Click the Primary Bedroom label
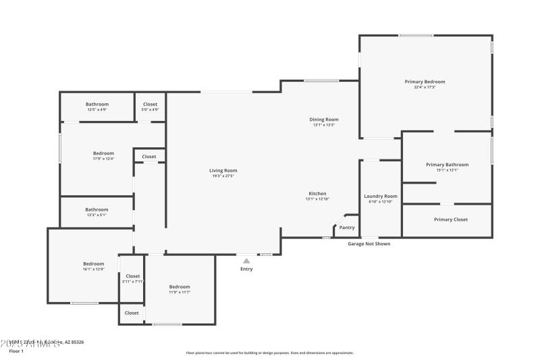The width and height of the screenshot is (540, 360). click(425, 82)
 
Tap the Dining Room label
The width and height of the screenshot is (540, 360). click(324, 119)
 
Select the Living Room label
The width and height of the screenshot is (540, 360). click(223, 171)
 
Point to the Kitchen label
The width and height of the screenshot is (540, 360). click(317, 194)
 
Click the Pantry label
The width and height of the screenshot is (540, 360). click(347, 228)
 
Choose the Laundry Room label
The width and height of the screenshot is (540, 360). click(381, 196)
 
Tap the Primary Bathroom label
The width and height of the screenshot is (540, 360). click(447, 164)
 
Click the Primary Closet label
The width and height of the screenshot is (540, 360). click(451, 220)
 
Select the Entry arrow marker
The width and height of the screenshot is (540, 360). click(246, 260)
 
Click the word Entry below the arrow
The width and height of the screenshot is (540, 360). click(246, 269)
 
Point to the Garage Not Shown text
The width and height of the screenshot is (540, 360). click(369, 244)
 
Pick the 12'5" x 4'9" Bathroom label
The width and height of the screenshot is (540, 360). click(97, 104)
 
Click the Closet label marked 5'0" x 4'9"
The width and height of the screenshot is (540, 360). click(150, 104)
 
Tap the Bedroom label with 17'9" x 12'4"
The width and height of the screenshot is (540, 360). click(103, 153)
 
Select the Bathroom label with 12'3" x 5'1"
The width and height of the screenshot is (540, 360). click(97, 209)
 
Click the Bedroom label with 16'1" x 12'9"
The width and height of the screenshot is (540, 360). click(93, 263)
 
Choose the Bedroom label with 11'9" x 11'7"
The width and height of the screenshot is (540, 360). click(180, 286)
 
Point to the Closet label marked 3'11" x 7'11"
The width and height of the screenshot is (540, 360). click(133, 276)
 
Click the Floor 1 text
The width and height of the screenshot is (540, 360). click(16, 351)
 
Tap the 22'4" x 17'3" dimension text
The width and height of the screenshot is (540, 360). click(425, 87)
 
